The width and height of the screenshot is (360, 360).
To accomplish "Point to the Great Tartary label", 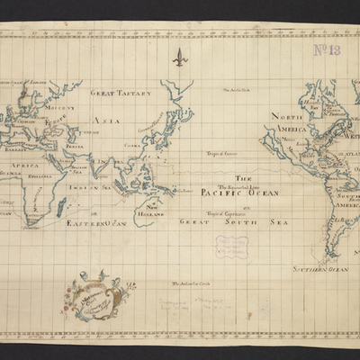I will click(121, 93).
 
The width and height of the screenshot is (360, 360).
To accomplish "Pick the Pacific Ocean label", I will click(240, 193).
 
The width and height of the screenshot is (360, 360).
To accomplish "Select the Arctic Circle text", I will click(227, 88).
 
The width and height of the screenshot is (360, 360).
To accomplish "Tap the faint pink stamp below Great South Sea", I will click(231, 247).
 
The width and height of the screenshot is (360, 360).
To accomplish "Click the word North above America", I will click(284, 116).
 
